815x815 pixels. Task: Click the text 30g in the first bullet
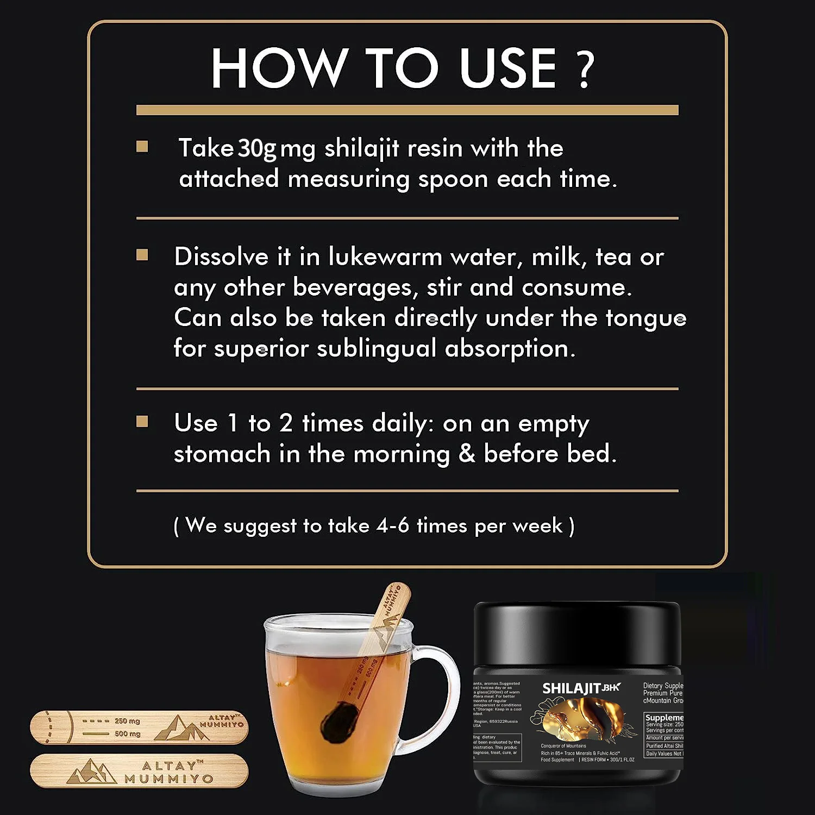click(257, 148)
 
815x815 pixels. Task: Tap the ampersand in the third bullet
click(467, 454)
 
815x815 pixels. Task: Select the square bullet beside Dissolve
click(142, 255)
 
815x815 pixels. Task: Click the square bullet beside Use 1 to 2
click(142, 421)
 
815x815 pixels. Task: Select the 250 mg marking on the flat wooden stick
click(127, 721)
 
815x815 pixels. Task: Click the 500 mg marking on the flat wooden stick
click(127, 733)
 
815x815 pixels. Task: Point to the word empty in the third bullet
click(553, 424)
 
